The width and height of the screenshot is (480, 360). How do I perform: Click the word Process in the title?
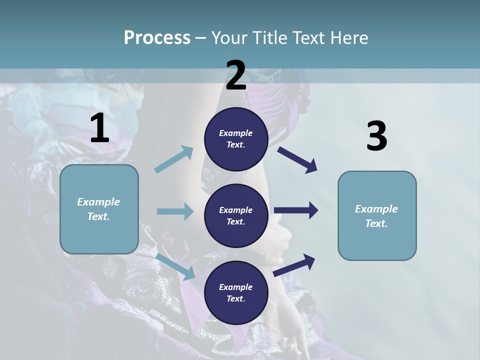click(x=157, y=38)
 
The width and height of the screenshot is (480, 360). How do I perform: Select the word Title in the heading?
click(x=268, y=38)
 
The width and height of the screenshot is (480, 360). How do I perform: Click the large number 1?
click(x=99, y=128)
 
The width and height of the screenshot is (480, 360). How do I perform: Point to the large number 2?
click(x=236, y=75)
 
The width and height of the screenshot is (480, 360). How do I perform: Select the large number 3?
click(x=376, y=136)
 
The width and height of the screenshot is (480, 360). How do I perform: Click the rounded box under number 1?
click(x=99, y=209)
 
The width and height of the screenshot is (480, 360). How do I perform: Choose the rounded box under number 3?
click(x=377, y=215)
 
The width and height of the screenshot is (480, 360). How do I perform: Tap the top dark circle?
click(x=236, y=139)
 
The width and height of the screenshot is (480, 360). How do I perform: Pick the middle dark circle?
click(x=236, y=215)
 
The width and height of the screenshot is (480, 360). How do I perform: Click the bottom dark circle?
click(x=236, y=292)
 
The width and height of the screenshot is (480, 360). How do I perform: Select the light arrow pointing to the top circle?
click(x=174, y=159)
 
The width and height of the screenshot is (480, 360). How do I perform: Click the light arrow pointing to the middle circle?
click(x=175, y=211)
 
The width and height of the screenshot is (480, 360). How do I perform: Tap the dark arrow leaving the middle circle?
click(x=296, y=210)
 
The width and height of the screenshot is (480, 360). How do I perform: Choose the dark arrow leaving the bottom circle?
click(x=294, y=265)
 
